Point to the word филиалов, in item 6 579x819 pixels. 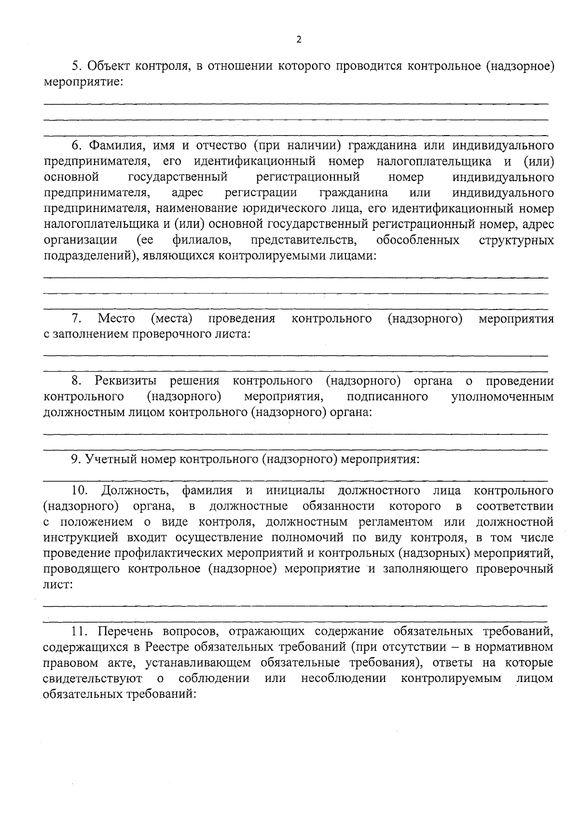pyautogui.click(x=199, y=240)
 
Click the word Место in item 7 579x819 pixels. pyautogui.click(x=116, y=319)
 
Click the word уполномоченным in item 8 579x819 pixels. pyautogui.click(x=502, y=397)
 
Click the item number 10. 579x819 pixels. pyautogui.click(x=79, y=491)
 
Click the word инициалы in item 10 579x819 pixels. pyautogui.click(x=295, y=491)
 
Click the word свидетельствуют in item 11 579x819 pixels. pyautogui.click(x=92, y=678)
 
